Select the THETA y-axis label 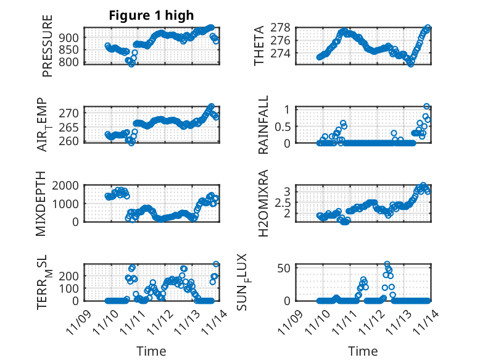point(259,45)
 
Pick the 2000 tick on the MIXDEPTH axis point(67,185)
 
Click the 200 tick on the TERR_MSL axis point(71,275)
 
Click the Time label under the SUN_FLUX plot point(363,351)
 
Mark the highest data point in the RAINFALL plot point(427,107)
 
